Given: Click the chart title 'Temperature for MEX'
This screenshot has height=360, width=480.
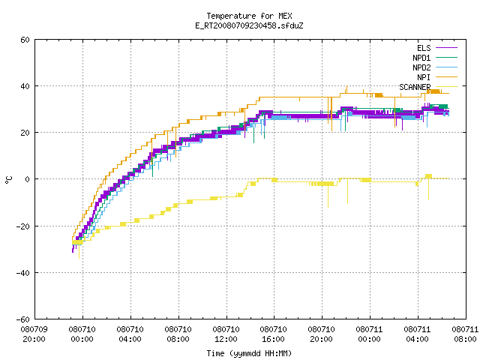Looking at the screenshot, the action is point(249,16).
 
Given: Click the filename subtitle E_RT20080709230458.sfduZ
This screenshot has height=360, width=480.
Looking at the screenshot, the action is point(249,25).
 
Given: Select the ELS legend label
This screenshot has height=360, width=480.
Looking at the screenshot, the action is point(424,48).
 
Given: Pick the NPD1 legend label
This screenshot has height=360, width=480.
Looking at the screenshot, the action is point(421,58).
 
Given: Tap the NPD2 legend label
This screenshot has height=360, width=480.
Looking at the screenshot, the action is point(421,67).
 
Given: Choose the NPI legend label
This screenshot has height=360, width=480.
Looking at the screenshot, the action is point(424,77).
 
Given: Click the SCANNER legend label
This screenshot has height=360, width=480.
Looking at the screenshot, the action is point(415,87).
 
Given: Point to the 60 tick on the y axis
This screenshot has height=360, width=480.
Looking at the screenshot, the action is point(25,40).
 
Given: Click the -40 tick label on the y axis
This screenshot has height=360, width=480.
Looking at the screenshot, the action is point(23,273).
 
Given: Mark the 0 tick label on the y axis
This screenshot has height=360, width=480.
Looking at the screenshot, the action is point(28,179).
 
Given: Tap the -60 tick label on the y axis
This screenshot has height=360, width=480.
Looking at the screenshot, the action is point(23,319).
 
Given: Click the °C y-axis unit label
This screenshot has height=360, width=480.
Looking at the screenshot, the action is point(8,180).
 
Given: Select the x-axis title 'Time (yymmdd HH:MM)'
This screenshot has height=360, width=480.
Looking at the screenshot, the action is point(249,353).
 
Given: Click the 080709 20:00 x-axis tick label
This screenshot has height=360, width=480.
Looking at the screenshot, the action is point(34,334).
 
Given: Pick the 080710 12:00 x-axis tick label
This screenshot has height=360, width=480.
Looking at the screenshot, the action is point(226,334).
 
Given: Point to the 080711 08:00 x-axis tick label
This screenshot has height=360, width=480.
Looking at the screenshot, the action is point(465,334).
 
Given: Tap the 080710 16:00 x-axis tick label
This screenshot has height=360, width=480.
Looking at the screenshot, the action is point(273,334).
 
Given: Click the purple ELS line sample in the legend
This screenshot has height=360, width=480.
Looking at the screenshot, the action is point(446,48).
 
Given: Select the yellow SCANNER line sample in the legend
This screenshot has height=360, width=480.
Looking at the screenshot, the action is point(446,87).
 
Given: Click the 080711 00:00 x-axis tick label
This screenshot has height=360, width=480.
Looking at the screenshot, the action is point(369,334).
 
